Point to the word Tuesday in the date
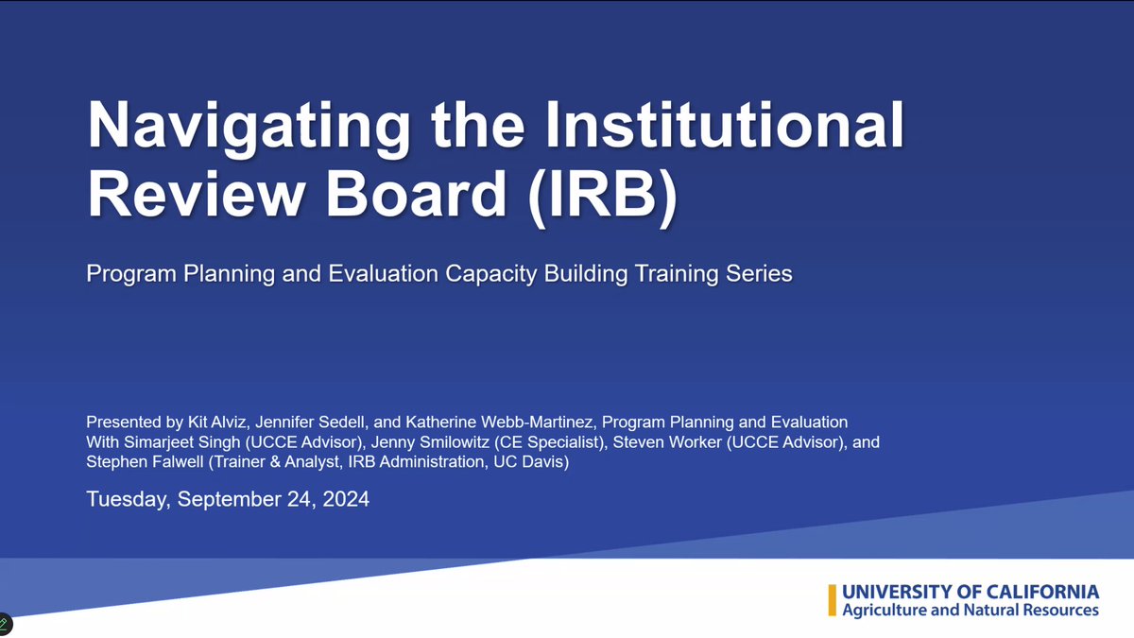point(126,499)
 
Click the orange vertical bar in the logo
point(832,600)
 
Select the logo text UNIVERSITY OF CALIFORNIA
point(971,592)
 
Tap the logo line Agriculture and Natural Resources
point(971,611)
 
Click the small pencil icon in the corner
point(6,623)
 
